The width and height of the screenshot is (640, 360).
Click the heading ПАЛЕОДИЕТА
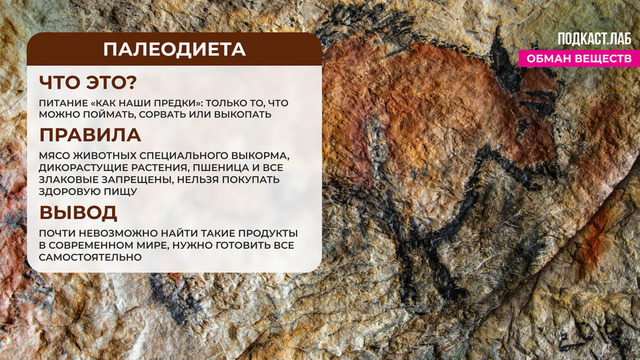tap(174, 50)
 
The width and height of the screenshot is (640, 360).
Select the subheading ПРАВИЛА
tap(90, 134)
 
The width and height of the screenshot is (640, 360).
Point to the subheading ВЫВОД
tap(79, 212)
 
